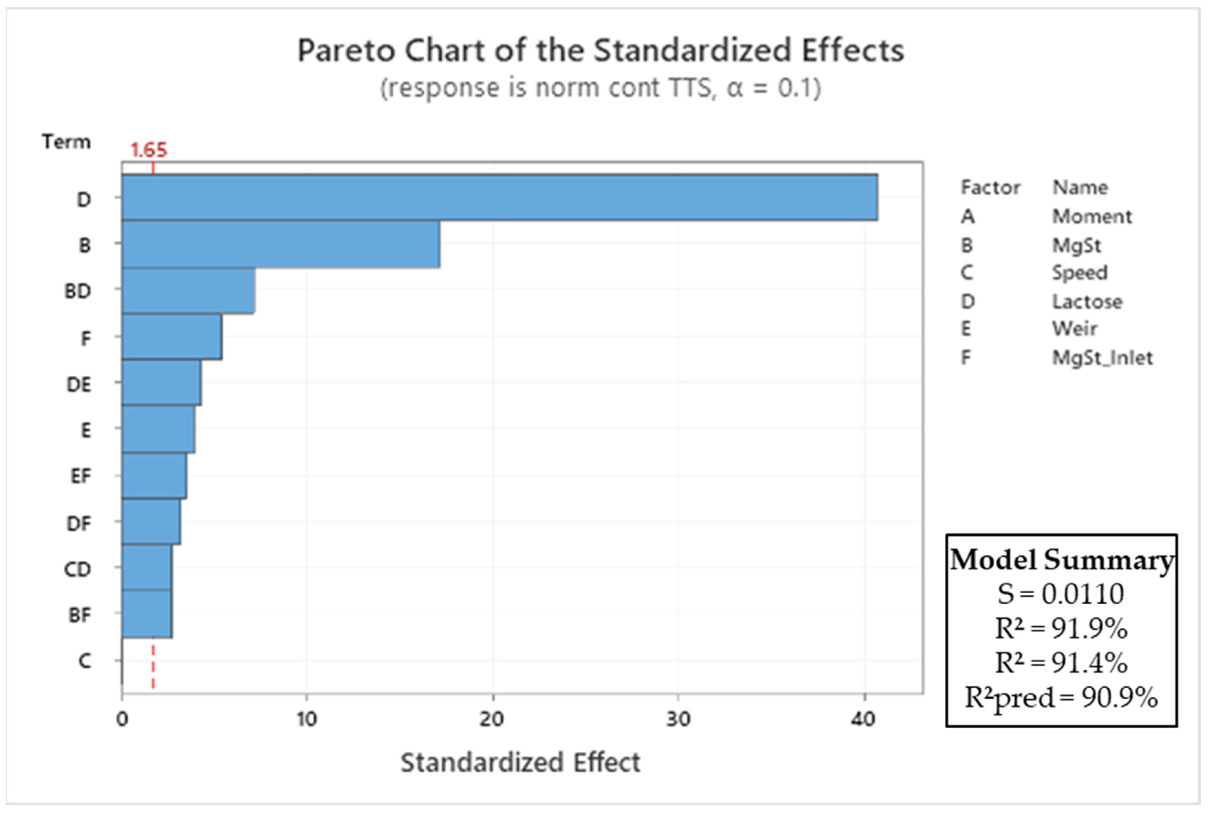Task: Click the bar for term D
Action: [499, 198]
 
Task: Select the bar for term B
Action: [281, 244]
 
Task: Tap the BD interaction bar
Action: [188, 290]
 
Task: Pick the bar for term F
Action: [172, 336]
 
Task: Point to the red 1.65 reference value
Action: [149, 150]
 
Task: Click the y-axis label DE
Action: [79, 384]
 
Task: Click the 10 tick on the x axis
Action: [307, 719]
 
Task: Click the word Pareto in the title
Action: [346, 51]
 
